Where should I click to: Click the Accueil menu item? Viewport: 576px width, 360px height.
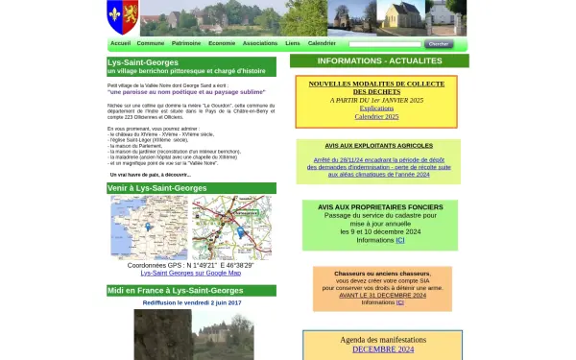coord(120,43)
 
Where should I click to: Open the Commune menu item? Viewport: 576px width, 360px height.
coord(151,43)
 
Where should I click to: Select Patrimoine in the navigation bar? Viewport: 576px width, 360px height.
coord(186,43)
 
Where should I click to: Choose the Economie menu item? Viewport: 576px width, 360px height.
coord(222,43)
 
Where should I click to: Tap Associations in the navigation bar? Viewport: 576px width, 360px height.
coord(260,43)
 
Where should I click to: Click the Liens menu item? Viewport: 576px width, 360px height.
coord(293,43)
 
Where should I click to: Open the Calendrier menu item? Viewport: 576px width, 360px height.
coord(322,43)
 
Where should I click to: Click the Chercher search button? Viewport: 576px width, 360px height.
coord(438,43)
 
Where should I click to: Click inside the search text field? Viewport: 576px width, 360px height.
coord(384,43)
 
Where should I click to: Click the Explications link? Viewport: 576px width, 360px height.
coord(376,108)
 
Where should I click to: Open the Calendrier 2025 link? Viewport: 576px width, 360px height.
coord(376,115)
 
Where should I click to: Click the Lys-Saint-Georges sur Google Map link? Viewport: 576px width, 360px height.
coord(191,273)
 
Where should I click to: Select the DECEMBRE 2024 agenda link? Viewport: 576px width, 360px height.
coord(382,348)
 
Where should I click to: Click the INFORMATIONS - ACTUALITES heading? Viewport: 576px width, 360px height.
coord(379,60)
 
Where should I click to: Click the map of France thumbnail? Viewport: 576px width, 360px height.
coord(149,228)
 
